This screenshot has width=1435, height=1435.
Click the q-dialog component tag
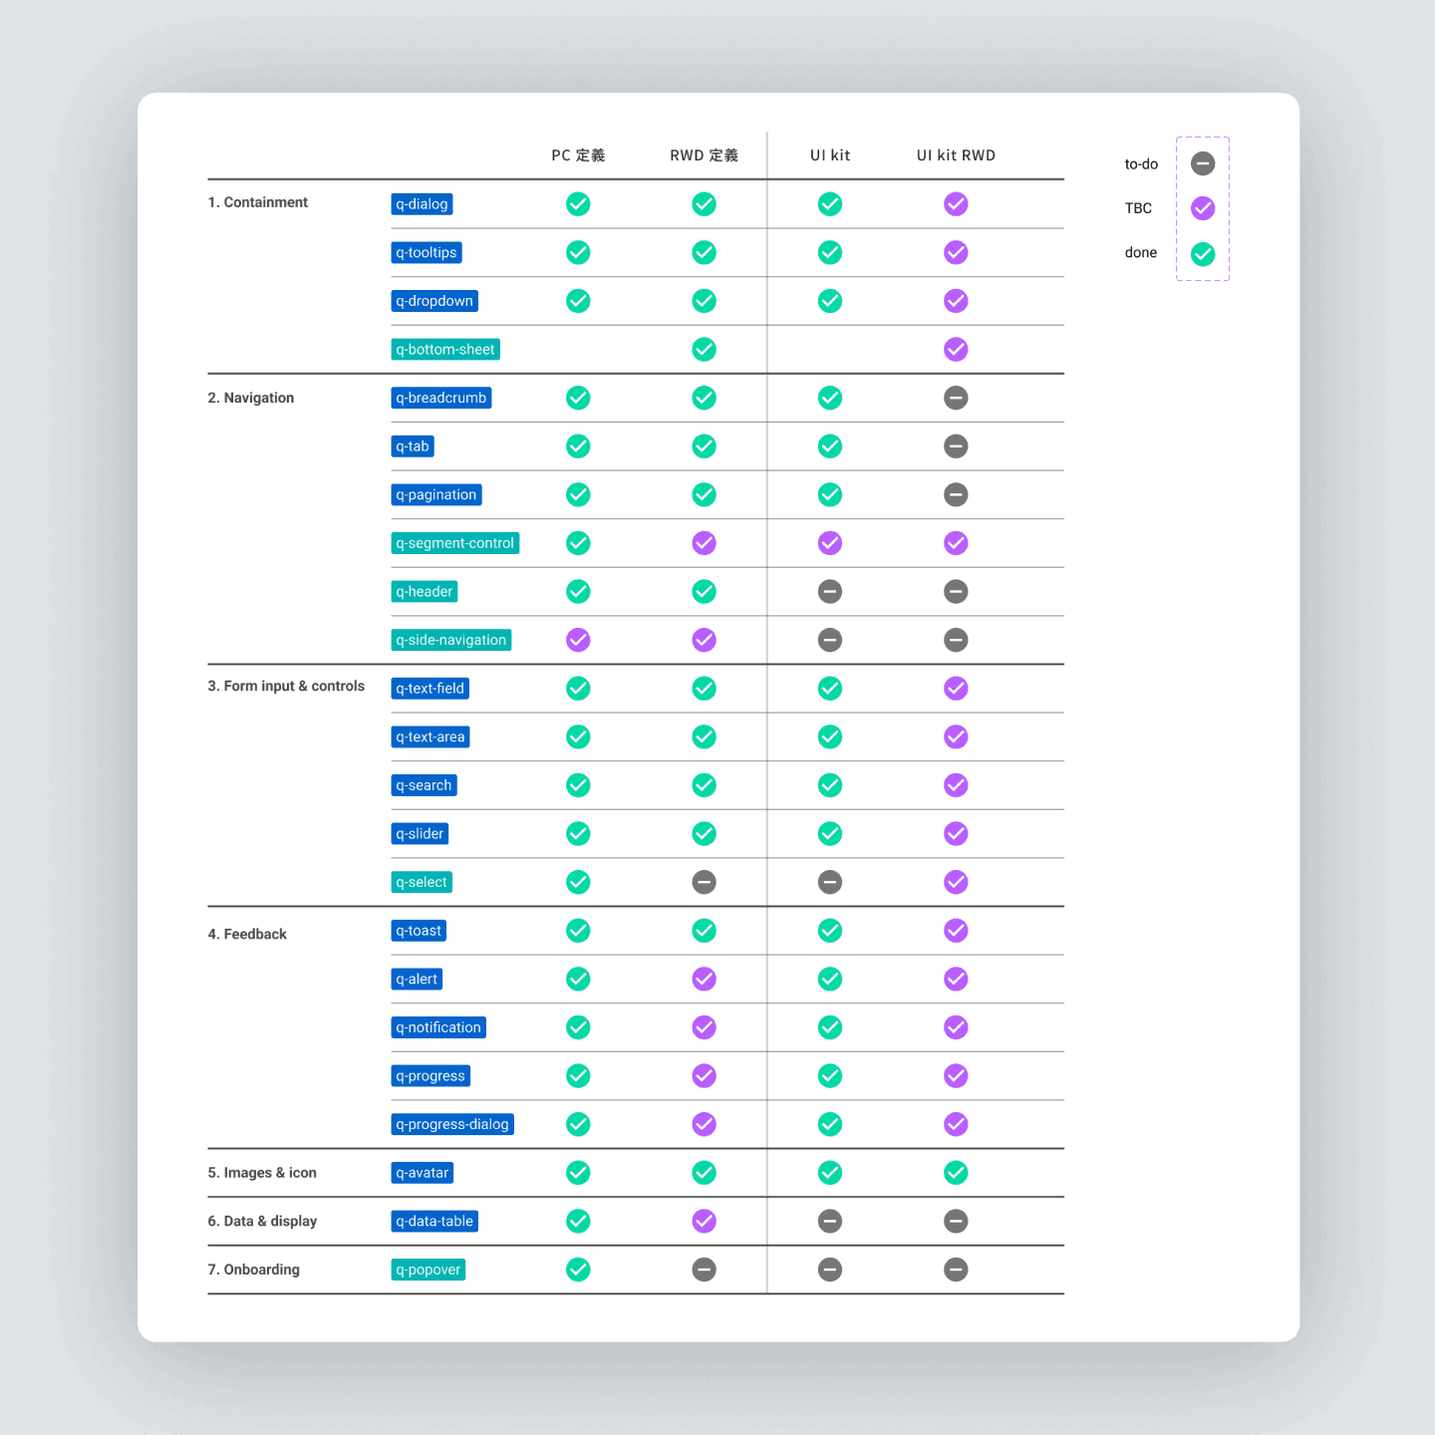(x=422, y=204)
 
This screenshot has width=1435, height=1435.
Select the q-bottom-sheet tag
(x=445, y=349)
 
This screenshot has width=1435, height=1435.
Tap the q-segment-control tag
(x=455, y=543)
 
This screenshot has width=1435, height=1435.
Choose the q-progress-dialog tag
(x=452, y=1124)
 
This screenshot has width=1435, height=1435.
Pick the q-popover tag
(x=429, y=1269)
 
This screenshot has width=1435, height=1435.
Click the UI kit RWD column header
(x=956, y=154)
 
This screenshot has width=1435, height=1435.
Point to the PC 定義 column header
(x=578, y=154)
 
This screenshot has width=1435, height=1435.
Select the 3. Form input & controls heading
(x=286, y=686)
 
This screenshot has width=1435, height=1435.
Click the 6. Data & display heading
(x=262, y=1221)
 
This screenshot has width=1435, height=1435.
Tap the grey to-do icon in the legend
(x=1203, y=163)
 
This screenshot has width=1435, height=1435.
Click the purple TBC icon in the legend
(x=1203, y=208)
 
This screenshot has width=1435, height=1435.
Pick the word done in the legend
(x=1140, y=252)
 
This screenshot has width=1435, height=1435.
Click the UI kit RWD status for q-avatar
(x=956, y=1172)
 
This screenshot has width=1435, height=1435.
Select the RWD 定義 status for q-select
(x=704, y=882)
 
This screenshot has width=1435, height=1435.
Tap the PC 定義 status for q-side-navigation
(x=578, y=640)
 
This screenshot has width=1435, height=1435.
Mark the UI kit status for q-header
(x=829, y=591)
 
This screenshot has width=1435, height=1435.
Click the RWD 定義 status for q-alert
(x=704, y=979)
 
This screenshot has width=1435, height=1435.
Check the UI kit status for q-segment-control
(x=829, y=543)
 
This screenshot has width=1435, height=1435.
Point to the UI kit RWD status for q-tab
(x=956, y=446)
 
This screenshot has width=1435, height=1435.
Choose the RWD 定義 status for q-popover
(x=704, y=1269)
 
